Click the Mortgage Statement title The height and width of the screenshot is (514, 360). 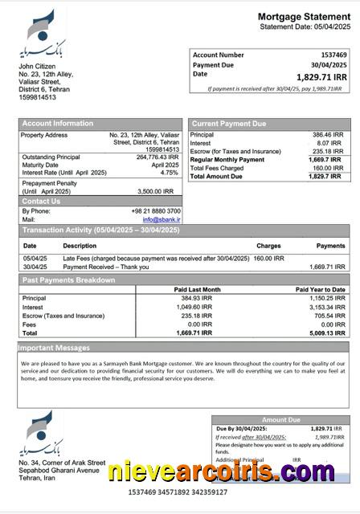click(x=304, y=17)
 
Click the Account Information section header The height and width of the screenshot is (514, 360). click(x=57, y=124)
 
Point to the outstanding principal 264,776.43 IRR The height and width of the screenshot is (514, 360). click(x=157, y=157)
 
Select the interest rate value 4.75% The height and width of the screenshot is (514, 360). click(x=169, y=173)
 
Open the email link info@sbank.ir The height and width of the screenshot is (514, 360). click(x=162, y=219)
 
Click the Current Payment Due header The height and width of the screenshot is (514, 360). click(x=229, y=124)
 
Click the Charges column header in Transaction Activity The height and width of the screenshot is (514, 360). click(x=268, y=246)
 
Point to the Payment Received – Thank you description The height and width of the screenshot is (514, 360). click(x=106, y=267)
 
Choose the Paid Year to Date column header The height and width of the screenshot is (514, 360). click(x=320, y=289)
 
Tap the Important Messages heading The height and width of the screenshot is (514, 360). click(x=53, y=349)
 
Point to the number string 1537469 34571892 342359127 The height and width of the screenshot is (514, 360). click(x=178, y=492)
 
